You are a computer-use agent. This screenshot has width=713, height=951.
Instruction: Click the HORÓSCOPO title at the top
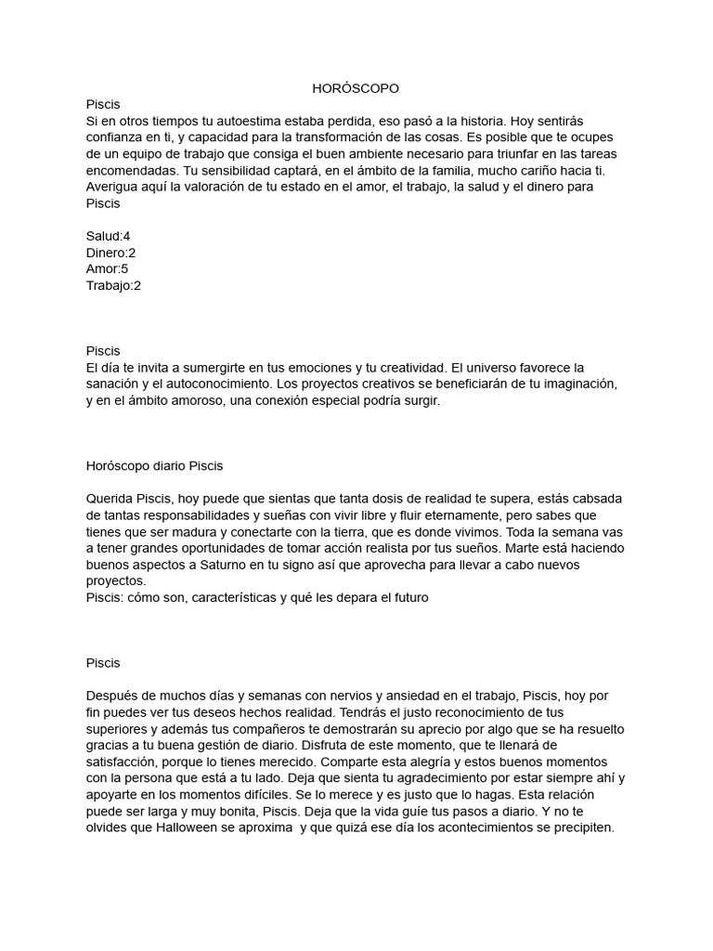[356, 88]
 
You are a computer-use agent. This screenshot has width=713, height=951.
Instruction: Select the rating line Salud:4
[108, 236]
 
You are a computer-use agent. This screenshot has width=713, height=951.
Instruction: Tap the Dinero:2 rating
[110, 253]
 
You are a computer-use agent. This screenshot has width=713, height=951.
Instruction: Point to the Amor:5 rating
[107, 269]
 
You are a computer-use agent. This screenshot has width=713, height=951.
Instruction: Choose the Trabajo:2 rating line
[113, 286]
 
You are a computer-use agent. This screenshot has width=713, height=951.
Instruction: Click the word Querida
[110, 499]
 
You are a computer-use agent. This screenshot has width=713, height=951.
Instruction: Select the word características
[262, 597]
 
